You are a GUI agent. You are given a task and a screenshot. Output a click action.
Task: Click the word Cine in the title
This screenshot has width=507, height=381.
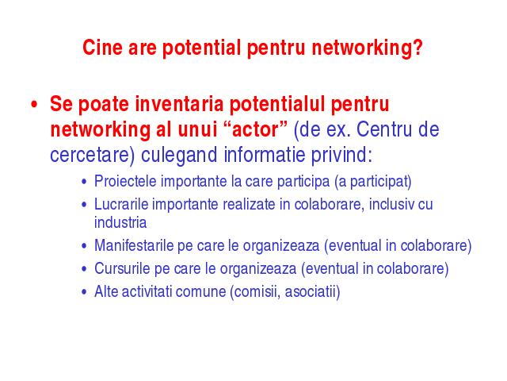pos(103,48)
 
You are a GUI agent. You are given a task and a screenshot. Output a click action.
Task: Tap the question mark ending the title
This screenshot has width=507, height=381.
pos(417,48)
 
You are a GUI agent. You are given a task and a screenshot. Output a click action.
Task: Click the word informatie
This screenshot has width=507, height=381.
pos(264,155)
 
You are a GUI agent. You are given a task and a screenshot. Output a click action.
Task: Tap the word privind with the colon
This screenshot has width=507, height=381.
pos(341,156)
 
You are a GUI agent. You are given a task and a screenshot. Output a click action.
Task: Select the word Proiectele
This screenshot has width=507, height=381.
pos(125,182)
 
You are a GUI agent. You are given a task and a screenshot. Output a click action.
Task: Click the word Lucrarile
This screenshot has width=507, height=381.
pos(120,205)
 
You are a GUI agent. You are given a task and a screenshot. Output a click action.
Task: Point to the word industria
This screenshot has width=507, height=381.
pos(120,222)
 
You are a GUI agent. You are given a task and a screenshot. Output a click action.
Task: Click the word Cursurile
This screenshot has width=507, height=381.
pos(122,268)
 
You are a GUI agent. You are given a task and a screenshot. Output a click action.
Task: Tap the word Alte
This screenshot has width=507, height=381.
pos(105,291)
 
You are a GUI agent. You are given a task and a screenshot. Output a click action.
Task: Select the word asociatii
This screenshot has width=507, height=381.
pos(312,292)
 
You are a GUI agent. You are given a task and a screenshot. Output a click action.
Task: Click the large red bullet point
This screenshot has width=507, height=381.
pos(34,105)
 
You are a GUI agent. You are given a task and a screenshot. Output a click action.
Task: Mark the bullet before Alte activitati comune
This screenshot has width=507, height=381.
pos(85,292)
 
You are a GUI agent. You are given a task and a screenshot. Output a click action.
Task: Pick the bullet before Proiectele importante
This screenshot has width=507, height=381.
pos(85,182)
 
